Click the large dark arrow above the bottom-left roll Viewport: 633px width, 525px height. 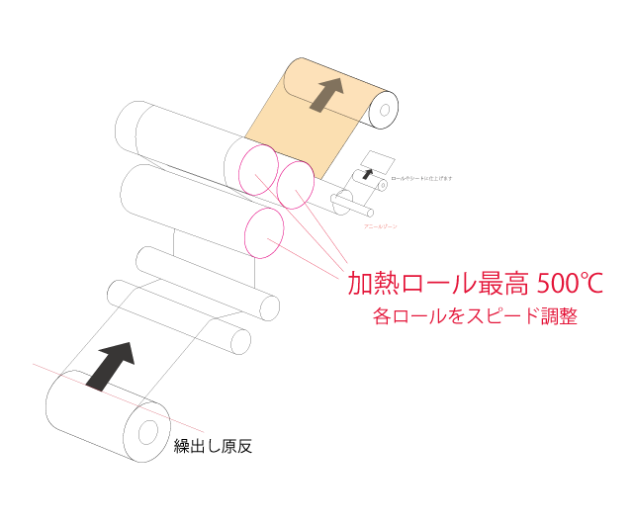[x=108, y=365]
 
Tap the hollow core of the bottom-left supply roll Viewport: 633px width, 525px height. [x=147, y=433]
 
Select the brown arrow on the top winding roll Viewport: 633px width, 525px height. [x=324, y=95]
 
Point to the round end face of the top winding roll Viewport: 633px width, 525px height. [x=383, y=110]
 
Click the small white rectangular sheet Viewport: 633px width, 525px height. [x=376, y=160]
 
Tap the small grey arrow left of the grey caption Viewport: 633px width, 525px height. [x=407, y=178]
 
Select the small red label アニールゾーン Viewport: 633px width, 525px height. [x=381, y=226]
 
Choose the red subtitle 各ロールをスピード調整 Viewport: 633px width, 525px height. [x=475, y=316]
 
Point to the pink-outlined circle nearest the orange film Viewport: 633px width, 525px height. [x=296, y=185]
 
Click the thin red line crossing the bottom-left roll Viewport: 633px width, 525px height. [x=188, y=425]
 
